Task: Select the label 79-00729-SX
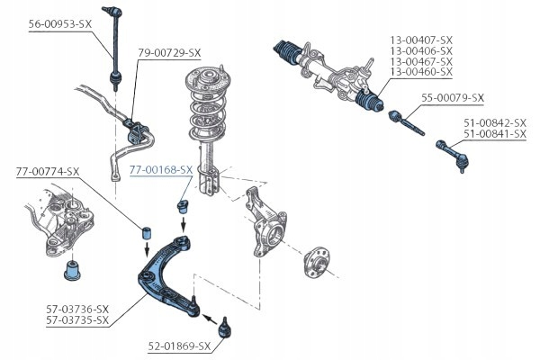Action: pyautogui.click(x=170, y=53)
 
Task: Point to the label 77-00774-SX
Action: pyautogui.click(x=48, y=171)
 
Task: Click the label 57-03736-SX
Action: pyautogui.click(x=76, y=309)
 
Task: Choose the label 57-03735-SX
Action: pyautogui.click(x=76, y=319)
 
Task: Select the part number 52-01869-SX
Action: pyautogui.click(x=179, y=346)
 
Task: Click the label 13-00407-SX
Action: pyautogui.click(x=421, y=40)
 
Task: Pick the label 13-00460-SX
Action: pyautogui.click(x=421, y=72)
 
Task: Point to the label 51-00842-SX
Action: pyautogui.click(x=494, y=123)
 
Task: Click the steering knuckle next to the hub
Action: pyautogui.click(x=267, y=225)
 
